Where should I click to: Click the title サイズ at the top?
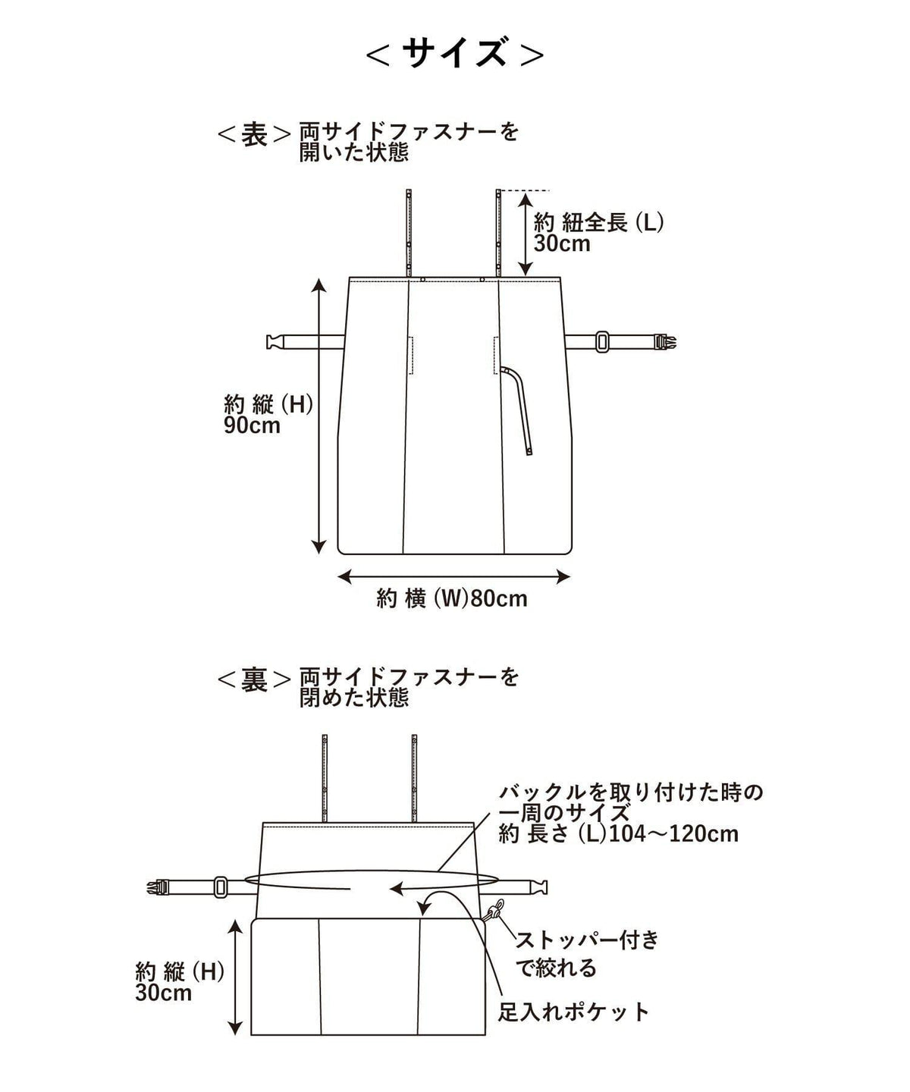pyautogui.click(x=454, y=53)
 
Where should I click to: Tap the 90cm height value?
pyautogui.click(x=252, y=425)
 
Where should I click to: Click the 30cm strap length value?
pyautogui.click(x=562, y=243)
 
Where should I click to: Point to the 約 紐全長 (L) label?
pyautogui.click(x=599, y=223)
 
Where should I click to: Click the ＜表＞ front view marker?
pyautogui.click(x=254, y=134)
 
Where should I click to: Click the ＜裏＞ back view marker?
pyautogui.click(x=254, y=680)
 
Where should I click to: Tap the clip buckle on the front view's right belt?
pyautogui.click(x=665, y=343)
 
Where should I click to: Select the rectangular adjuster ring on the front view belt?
pyautogui.click(x=602, y=341)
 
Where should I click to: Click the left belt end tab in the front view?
pyautogui.click(x=275, y=342)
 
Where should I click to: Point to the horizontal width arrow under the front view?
pyautogui.click(x=453, y=577)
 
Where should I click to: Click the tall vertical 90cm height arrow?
pyautogui.click(x=318, y=416)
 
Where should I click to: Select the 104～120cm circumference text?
pyautogui.click(x=673, y=833)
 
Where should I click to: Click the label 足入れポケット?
pyautogui.click(x=573, y=1012)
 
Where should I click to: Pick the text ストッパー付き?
pyautogui.click(x=588, y=940)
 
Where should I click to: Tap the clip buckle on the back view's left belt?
pyautogui.click(x=159, y=886)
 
